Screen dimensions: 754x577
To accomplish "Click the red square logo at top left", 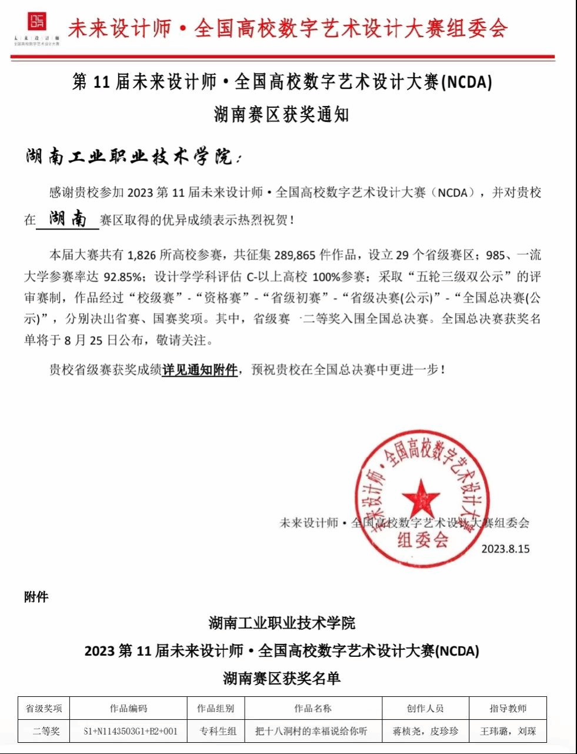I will (37, 22).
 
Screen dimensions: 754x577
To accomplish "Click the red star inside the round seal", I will (421, 498).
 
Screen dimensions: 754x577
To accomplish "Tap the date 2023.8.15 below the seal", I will (505, 549).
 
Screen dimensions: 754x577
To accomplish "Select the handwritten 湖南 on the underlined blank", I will (68, 219).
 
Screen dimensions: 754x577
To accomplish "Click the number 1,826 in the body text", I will (141, 255).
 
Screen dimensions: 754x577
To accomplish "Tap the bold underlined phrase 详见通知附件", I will (200, 370).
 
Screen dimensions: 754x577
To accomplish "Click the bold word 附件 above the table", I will (36, 597).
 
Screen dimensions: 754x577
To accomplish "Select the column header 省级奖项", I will (44, 708).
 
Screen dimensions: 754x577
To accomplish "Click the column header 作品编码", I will (128, 708).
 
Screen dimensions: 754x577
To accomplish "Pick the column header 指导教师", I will (508, 708).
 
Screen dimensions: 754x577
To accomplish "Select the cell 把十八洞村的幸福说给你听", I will (311, 731).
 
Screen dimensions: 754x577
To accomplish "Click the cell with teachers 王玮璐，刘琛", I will (508, 731).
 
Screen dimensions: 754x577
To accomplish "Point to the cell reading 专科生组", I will (218, 731).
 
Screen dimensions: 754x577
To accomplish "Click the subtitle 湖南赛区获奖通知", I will (281, 114).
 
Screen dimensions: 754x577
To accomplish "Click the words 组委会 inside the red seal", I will (422, 539).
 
